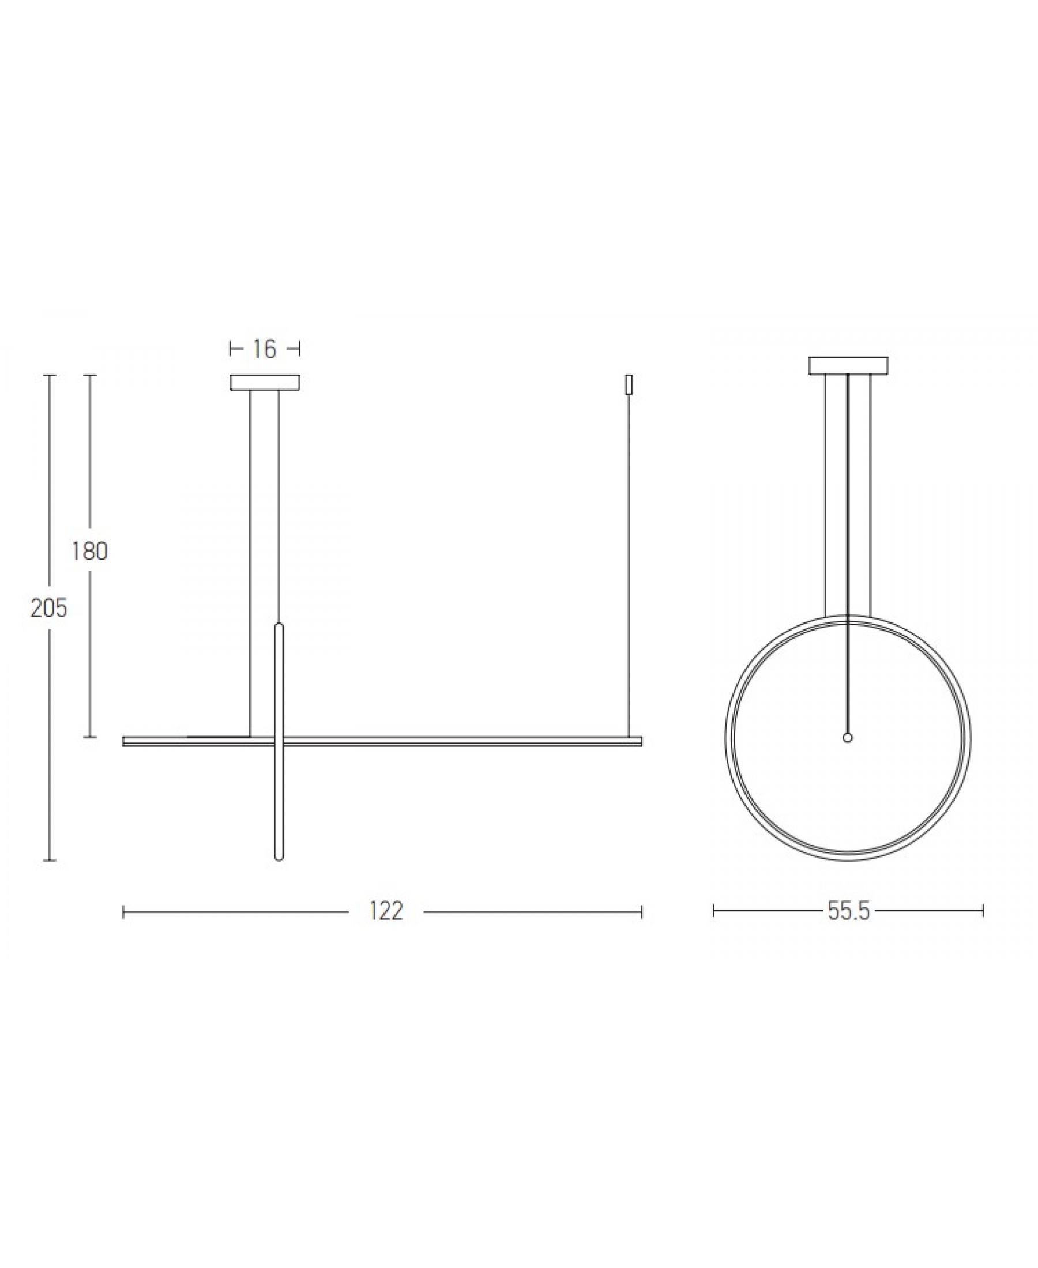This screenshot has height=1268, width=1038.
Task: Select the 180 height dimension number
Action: click(x=90, y=551)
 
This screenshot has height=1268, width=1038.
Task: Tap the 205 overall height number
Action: click(x=48, y=608)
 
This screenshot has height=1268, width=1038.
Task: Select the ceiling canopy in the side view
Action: click(x=265, y=383)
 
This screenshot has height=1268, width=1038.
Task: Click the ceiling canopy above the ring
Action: click(x=848, y=365)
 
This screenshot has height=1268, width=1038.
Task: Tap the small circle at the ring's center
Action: click(x=847, y=738)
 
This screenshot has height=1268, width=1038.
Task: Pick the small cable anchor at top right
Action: click(x=628, y=384)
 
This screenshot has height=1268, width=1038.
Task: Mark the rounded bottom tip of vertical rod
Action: click(x=278, y=859)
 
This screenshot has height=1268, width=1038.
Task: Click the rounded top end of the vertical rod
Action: click(x=278, y=625)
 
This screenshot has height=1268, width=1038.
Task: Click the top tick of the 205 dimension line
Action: click(x=49, y=375)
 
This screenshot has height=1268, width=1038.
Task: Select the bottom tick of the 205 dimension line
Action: click(x=49, y=861)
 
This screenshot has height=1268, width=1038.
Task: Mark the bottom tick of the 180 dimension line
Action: click(x=90, y=737)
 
